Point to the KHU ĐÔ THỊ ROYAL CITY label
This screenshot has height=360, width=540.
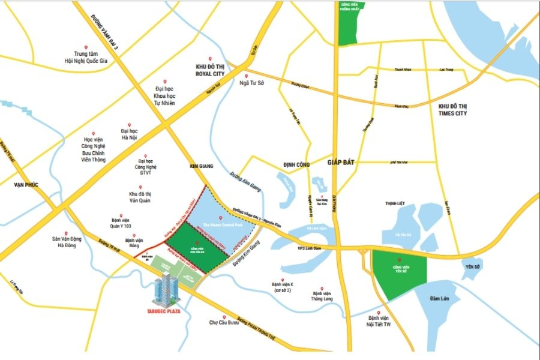pos(210,70)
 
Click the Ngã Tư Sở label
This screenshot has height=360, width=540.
pos(252,83)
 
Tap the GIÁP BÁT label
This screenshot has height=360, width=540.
pos(342,162)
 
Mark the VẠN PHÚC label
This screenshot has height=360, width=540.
pos(26,185)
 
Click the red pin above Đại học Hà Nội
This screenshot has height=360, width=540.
pos(130,122)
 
